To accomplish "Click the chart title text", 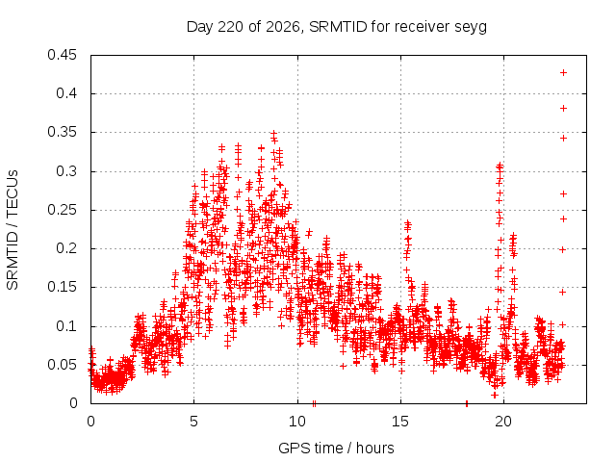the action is pos(337,27).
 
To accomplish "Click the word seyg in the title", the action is pos(471,28).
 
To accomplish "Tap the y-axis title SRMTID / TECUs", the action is pos(13,230).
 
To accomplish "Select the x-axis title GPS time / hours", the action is pos(336,448).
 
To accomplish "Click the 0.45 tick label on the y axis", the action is pos(62,55).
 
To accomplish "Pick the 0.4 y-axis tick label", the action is pos(66,93).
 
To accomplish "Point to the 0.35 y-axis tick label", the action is pos(62,133).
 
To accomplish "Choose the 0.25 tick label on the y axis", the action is pos(62,210).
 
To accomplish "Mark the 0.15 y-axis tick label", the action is pos(62,287).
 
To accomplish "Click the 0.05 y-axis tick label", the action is pos(62,365).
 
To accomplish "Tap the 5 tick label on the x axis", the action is pos(194,422).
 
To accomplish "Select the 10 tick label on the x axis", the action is pos(297,422).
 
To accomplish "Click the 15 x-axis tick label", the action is pos(400,422).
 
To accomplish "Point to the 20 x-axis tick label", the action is pos(503,422).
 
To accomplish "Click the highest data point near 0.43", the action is pos(563,73).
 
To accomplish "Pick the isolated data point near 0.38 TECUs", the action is pos(563,109).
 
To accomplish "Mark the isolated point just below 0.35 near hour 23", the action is pos(563,139).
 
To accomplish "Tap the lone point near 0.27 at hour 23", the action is pos(563,194).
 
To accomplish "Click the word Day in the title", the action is pos(200,28).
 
